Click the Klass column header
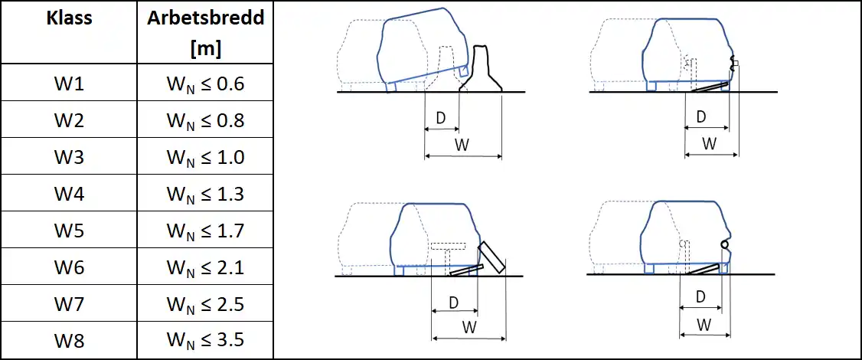click(69, 18)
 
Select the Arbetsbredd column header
click(206, 32)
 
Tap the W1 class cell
click(69, 83)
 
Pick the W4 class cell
click(69, 194)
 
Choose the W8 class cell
click(69, 341)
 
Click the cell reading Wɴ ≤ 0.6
click(205, 84)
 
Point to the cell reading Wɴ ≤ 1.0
click(205, 158)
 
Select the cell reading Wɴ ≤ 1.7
click(205, 231)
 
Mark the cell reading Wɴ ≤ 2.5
click(205, 304)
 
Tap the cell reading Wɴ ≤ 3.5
click(205, 341)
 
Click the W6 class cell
click(69, 267)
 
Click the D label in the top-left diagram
click(441, 118)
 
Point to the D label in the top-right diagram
click(701, 116)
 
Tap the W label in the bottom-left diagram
click(469, 326)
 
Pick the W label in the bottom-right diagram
click(704, 325)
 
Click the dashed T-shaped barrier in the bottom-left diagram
click(449, 255)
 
